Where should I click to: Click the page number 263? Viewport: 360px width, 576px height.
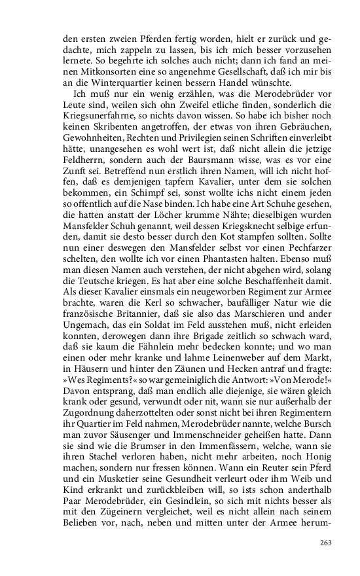326,542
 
